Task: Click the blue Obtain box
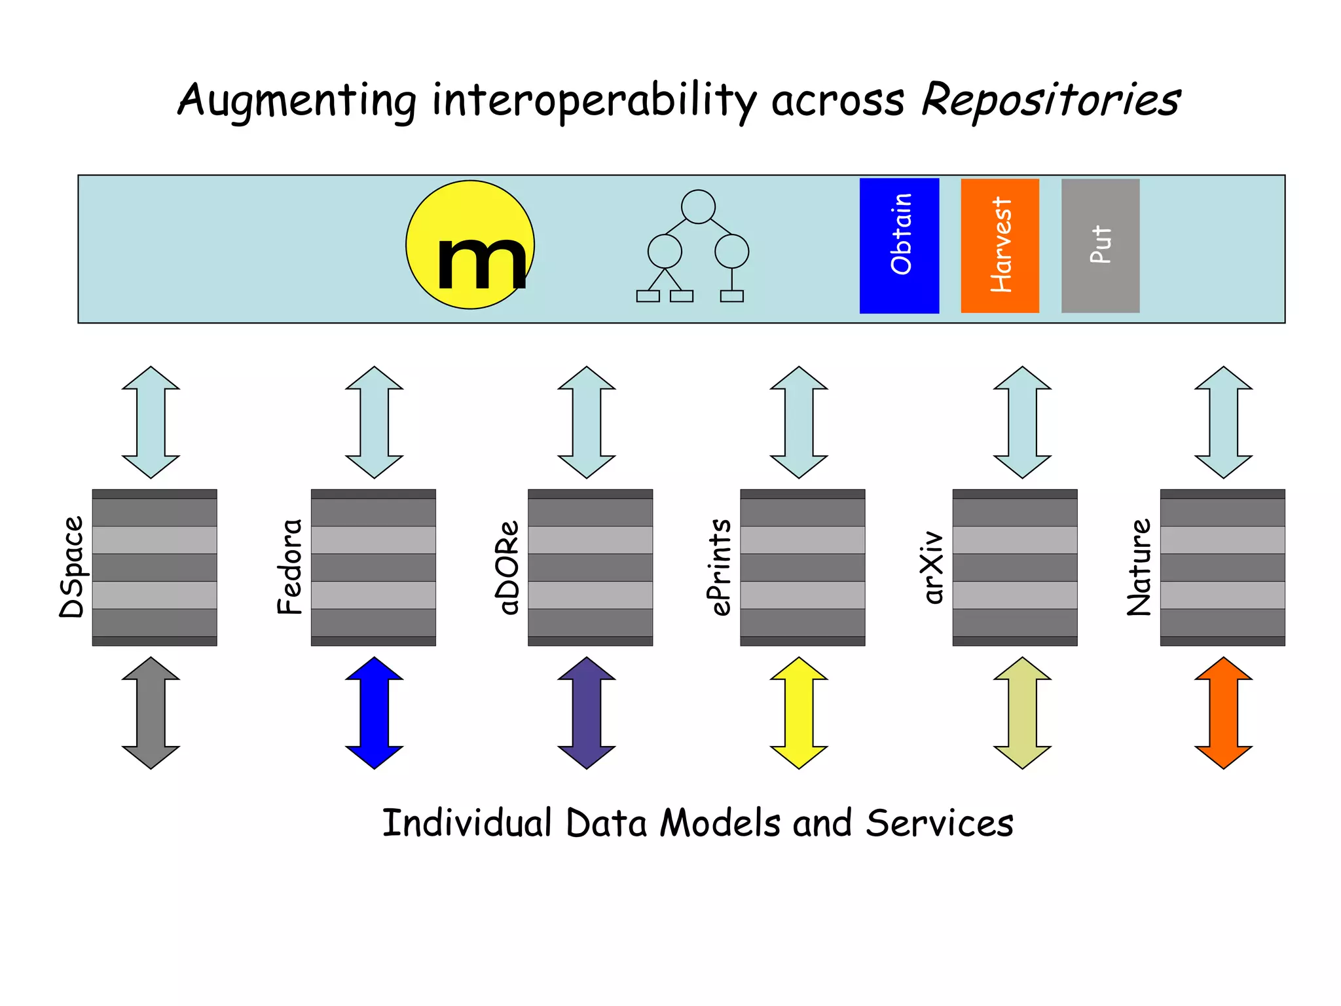click(x=899, y=246)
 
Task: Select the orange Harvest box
click(x=1000, y=246)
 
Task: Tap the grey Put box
click(x=1100, y=246)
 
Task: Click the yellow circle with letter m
click(x=470, y=245)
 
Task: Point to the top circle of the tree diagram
click(x=698, y=207)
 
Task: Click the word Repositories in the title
click(x=1050, y=101)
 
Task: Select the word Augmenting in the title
click(x=297, y=101)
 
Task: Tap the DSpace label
click(x=72, y=567)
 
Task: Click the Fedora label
click(x=290, y=567)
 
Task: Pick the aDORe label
click(x=507, y=567)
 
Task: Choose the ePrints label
click(x=720, y=567)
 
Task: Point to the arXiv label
click(x=932, y=567)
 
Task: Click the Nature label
click(x=1139, y=567)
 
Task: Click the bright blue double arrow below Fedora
click(x=374, y=713)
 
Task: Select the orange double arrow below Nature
click(x=1223, y=713)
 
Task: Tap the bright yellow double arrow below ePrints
click(x=799, y=713)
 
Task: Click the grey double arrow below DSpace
click(x=151, y=713)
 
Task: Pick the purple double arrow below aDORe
click(x=586, y=713)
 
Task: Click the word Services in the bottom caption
click(x=939, y=823)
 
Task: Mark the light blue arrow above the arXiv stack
click(x=1022, y=422)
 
